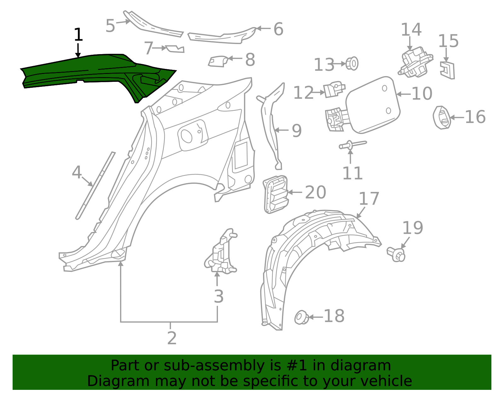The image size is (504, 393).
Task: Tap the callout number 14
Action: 411,30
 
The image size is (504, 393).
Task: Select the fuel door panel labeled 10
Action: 373,104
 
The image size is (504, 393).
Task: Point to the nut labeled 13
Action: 352,64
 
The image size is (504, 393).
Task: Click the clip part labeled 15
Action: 448,70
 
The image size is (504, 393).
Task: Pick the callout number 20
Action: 315,192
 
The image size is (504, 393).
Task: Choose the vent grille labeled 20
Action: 276,194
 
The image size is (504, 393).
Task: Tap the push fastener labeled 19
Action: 396,254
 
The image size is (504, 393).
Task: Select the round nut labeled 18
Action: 301,317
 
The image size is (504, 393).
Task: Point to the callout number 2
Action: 172,338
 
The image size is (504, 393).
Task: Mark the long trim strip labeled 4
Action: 94,186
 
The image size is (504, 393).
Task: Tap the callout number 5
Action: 110,26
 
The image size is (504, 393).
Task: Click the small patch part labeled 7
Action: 175,49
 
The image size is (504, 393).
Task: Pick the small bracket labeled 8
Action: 218,61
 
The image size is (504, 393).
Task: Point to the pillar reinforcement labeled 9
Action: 271,126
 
